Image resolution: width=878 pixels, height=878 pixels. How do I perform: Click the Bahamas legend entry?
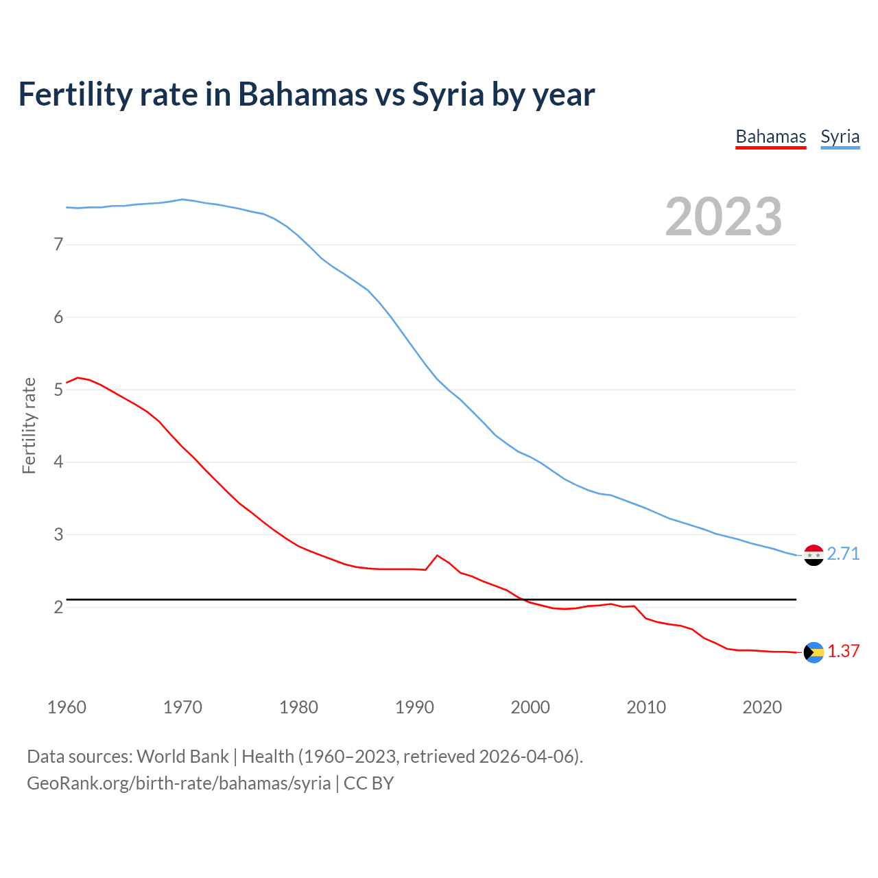tap(770, 137)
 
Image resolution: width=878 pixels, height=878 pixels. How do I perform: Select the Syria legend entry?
tap(840, 137)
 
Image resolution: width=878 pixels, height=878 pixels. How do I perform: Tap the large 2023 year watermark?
tap(723, 217)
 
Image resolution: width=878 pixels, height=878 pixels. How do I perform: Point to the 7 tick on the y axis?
tap(58, 244)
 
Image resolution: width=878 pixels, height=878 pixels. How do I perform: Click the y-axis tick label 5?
tap(58, 390)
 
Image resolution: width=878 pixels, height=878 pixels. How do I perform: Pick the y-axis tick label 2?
tap(58, 607)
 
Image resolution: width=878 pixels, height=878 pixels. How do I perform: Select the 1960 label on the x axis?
tap(67, 707)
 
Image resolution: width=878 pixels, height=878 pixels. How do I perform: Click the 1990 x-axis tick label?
tap(414, 707)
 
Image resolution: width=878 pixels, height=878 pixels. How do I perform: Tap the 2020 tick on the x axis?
tap(762, 707)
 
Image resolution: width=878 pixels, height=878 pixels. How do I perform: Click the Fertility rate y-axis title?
tap(29, 425)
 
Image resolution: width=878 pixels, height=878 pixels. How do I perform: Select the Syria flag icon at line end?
tap(814, 555)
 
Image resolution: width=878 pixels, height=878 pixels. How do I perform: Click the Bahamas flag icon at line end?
tap(814, 652)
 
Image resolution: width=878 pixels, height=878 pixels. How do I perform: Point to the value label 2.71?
tap(843, 554)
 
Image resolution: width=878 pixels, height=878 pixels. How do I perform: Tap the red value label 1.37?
tap(843, 651)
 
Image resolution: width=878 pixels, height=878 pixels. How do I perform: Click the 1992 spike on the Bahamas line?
tap(437, 556)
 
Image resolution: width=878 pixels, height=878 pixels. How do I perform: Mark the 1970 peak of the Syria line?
tap(182, 200)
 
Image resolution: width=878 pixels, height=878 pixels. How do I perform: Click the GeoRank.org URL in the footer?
tap(178, 783)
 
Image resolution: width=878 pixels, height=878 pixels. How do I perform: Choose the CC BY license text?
tap(368, 783)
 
